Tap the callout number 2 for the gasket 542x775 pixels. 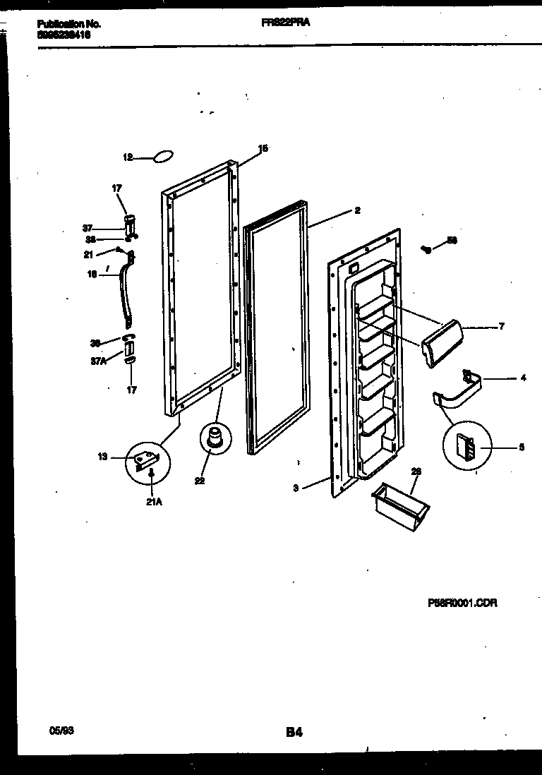coord(358,210)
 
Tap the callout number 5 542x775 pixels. coord(521,447)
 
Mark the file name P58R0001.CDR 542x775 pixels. coord(462,603)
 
